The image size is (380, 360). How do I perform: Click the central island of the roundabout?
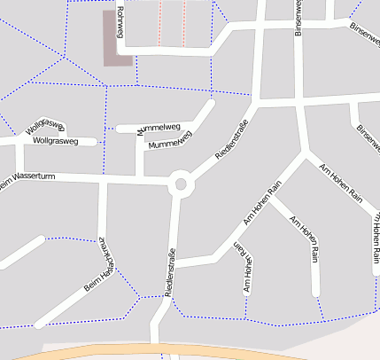(182, 184)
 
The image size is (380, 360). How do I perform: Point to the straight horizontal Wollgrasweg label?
(56, 141)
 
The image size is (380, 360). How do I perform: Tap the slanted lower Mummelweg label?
(170, 139)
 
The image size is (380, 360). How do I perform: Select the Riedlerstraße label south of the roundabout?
(169, 272)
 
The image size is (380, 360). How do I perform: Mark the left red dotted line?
(160, 22)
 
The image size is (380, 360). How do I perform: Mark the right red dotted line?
(184, 22)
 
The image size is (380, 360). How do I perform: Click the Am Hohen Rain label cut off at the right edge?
(375, 235)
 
